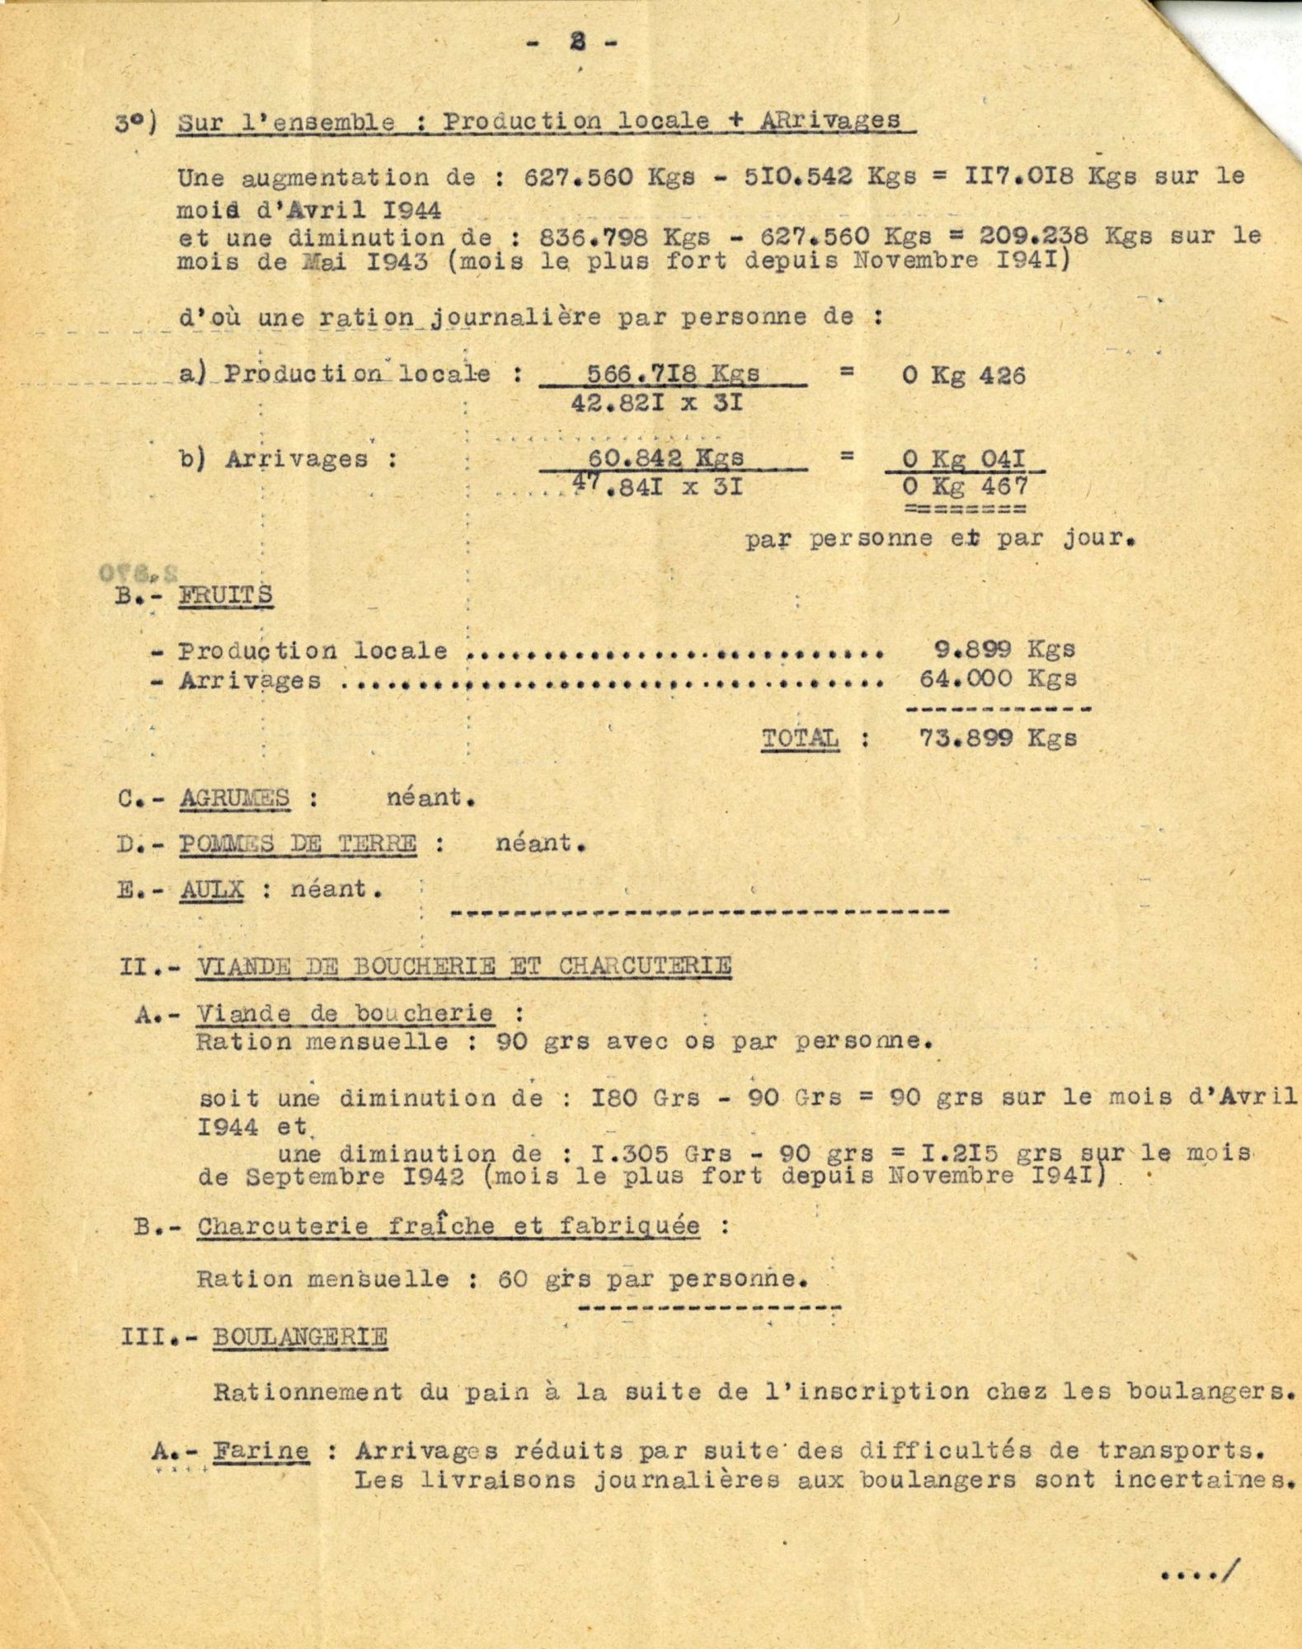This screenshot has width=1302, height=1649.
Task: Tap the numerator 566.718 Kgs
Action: click(673, 374)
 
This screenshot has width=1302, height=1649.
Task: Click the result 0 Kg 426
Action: click(964, 376)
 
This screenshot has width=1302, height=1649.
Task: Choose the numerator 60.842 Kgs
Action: click(665, 458)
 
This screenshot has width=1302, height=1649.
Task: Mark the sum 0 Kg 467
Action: click(965, 486)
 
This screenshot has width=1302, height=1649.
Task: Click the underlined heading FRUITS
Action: click(225, 594)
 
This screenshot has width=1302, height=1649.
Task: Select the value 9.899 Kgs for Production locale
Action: click(999, 649)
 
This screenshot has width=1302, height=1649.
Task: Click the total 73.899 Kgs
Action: click(998, 737)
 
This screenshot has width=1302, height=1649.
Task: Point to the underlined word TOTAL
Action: click(800, 737)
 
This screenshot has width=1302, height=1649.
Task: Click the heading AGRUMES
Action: click(234, 798)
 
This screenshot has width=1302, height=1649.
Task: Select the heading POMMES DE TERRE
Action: click(298, 843)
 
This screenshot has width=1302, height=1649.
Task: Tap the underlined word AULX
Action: click(212, 890)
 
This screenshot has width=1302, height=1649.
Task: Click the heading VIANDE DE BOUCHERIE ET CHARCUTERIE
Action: click(463, 965)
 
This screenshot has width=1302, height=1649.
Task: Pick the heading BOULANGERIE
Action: click(299, 1336)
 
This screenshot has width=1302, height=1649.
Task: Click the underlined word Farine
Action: click(261, 1451)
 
